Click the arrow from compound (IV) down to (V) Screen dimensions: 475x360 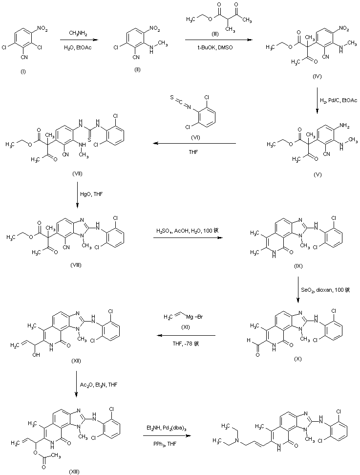pyautogui.click(x=317, y=101)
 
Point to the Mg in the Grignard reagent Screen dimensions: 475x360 pyautogui.click(x=186, y=318)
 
